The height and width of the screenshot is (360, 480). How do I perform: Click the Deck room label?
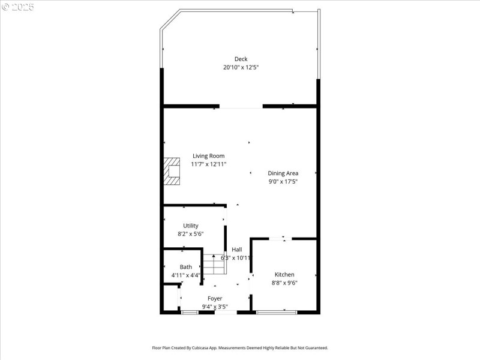tap(241, 59)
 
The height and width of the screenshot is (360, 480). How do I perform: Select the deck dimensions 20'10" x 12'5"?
tap(241, 67)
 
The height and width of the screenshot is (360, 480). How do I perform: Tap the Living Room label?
tap(208, 156)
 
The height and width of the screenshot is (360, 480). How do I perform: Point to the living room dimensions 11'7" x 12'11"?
tap(208, 164)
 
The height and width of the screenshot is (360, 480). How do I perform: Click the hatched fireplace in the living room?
tap(172, 171)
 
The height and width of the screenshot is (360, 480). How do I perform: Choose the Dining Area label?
tap(283, 173)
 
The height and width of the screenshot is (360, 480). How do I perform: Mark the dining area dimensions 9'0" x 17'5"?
tap(283, 181)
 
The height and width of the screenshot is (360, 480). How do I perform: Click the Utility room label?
tap(191, 226)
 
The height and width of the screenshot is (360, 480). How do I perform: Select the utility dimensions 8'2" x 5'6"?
tap(191, 234)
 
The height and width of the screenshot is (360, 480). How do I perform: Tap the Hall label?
tap(237, 250)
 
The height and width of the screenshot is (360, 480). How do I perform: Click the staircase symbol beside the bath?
tap(213, 264)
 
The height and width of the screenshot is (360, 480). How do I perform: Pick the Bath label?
tap(186, 267)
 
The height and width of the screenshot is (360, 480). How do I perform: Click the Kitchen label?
tap(284, 274)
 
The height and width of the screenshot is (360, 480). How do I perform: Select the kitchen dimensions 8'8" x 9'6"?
tap(284, 283)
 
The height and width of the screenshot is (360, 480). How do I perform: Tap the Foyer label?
tap(215, 298)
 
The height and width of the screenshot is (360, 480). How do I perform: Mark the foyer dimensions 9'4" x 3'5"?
tap(215, 307)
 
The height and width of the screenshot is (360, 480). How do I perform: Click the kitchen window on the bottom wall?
tap(276, 312)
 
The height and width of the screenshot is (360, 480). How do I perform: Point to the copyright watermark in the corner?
tap(17, 7)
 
